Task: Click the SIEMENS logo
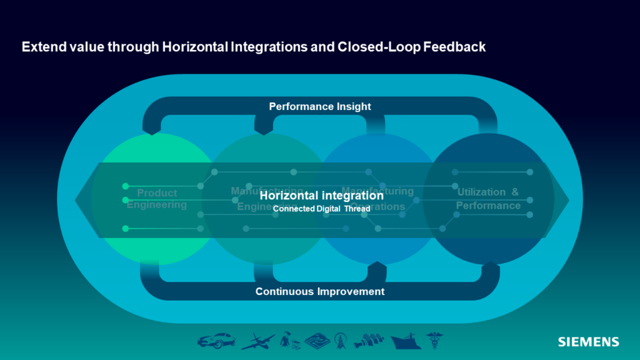[x=588, y=342]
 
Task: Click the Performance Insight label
[x=320, y=106]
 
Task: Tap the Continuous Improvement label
[x=320, y=291]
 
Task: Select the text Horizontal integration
[x=321, y=196]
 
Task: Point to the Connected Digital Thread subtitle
[x=322, y=209]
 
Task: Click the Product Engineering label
[x=157, y=199]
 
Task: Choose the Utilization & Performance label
[x=488, y=199]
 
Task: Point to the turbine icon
[x=367, y=341]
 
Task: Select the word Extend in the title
[x=41, y=47]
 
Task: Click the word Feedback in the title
[x=459, y=47]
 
